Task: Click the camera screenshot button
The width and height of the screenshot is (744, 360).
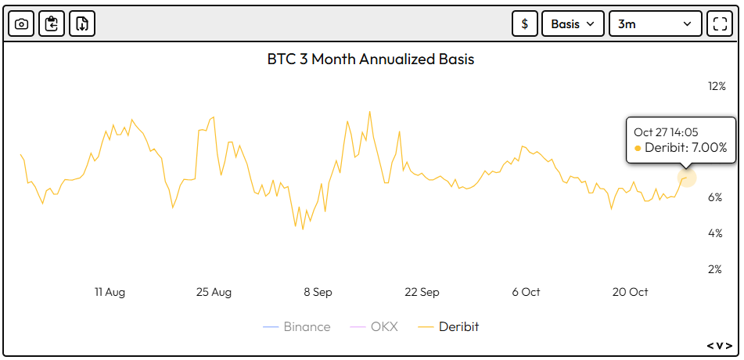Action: (x=22, y=24)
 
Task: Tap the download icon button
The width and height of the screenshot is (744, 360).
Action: (x=81, y=24)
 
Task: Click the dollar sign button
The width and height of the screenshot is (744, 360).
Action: (x=524, y=24)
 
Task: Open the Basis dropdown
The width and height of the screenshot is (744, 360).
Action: (x=573, y=24)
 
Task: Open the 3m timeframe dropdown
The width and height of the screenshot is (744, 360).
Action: (x=655, y=24)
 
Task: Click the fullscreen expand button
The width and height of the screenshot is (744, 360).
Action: (x=718, y=24)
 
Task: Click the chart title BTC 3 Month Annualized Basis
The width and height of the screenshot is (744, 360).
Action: (x=371, y=59)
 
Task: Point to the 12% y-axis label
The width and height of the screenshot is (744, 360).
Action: (x=717, y=86)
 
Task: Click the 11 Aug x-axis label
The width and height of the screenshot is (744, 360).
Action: (x=110, y=292)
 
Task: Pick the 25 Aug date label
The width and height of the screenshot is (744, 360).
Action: (x=214, y=292)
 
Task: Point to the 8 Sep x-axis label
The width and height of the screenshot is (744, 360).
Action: (x=318, y=292)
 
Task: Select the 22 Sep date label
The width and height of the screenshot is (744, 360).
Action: (x=422, y=292)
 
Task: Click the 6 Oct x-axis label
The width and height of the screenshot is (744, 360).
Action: (x=526, y=292)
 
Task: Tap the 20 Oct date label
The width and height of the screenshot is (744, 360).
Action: (x=630, y=292)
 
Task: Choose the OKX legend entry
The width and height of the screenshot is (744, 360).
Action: (x=378, y=326)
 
